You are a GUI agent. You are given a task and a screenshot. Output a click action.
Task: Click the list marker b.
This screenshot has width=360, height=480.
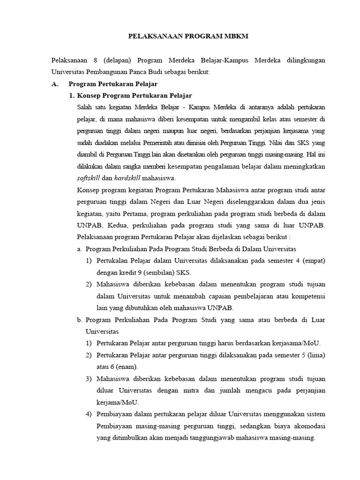[79, 320]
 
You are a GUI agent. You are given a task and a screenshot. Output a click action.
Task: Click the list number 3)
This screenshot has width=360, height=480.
[89, 379]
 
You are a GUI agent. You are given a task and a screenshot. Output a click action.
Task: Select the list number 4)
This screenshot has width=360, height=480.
[89, 414]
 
